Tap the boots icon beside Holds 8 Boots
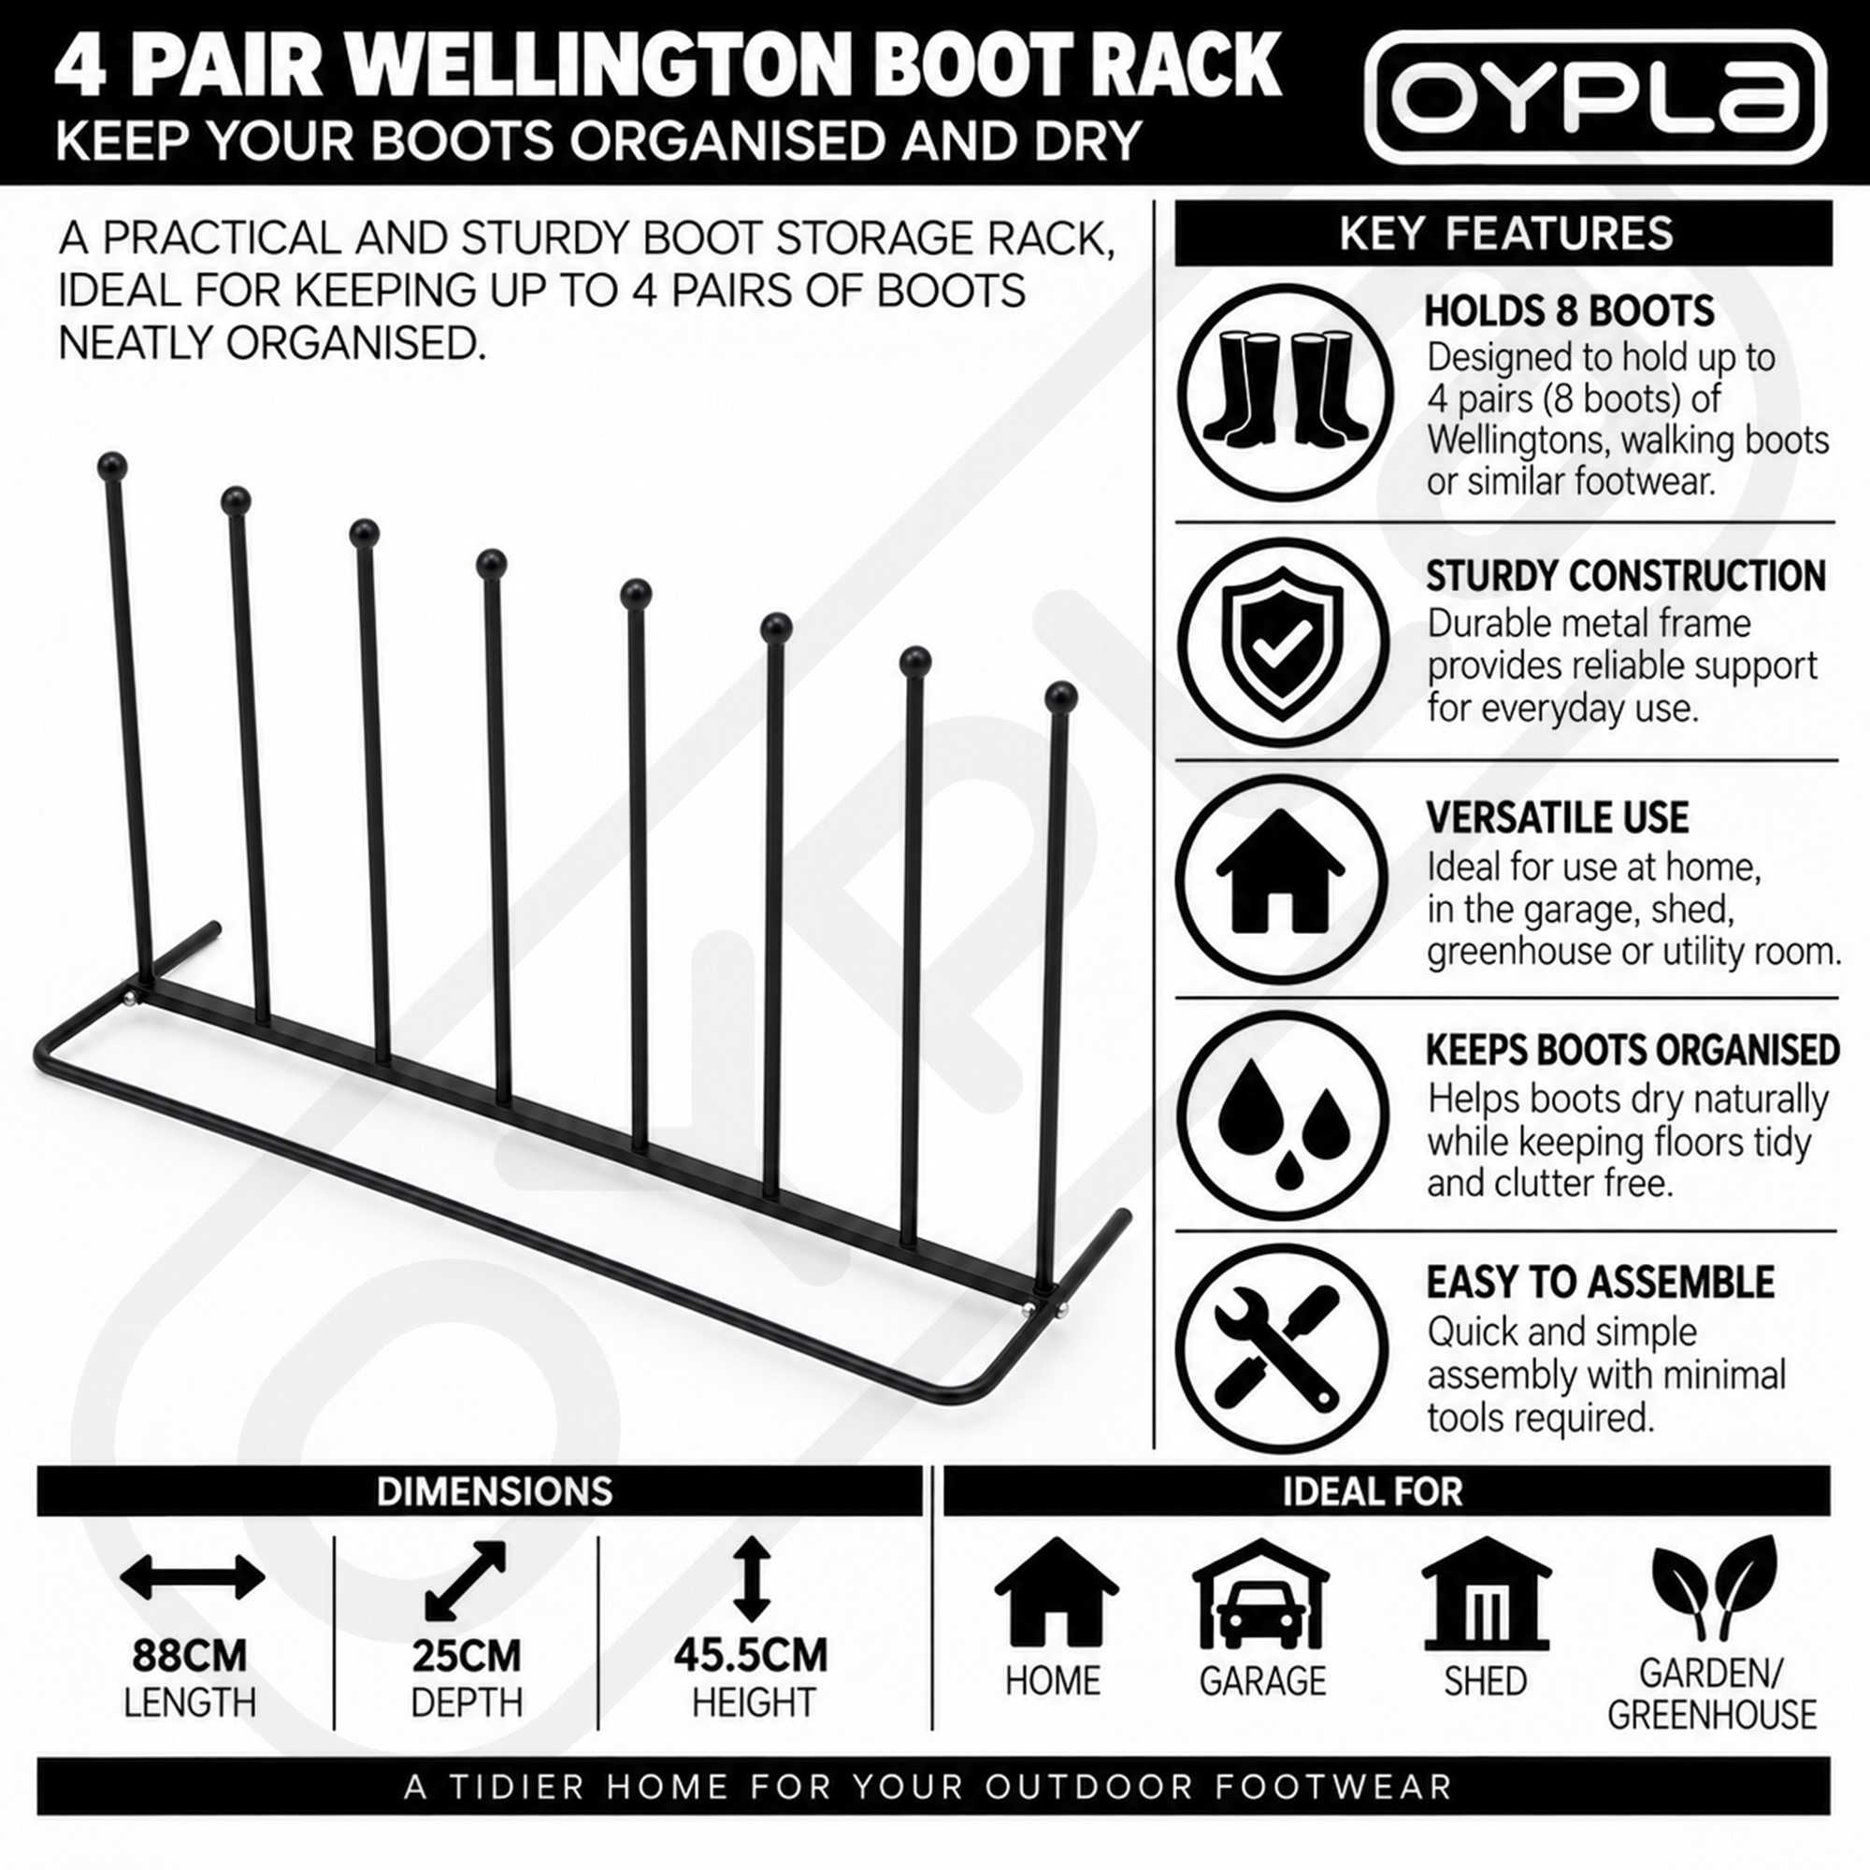pos(1285,392)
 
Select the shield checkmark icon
pos(1283,642)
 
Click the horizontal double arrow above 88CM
pos(192,1577)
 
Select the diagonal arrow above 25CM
pos(466,1579)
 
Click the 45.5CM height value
pos(751,1656)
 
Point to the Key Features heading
pos(1506,233)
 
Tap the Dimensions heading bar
pos(479,1491)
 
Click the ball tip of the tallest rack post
pos(113,466)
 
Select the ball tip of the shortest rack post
pos(1061,697)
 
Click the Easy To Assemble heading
pos(1600,1283)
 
